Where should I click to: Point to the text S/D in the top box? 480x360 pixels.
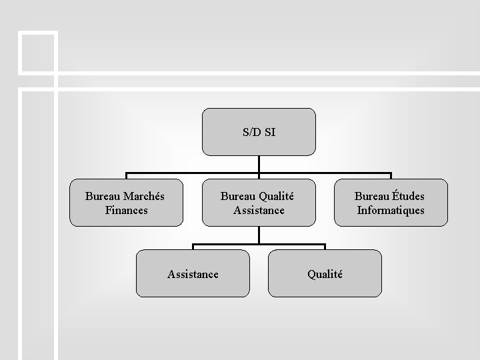coord(251,132)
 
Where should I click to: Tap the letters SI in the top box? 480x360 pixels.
coord(269,132)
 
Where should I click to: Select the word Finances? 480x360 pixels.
coord(127,210)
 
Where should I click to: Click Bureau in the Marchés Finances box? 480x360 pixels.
coord(104,196)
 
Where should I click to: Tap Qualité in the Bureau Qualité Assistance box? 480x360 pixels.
coord(276,196)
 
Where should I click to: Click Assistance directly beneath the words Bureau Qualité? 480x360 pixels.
coord(259,210)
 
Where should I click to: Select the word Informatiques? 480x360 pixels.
coord(391,210)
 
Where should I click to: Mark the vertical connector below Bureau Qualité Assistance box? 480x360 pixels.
coord(259,235)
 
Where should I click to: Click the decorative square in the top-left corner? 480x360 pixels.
coord(37,51)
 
